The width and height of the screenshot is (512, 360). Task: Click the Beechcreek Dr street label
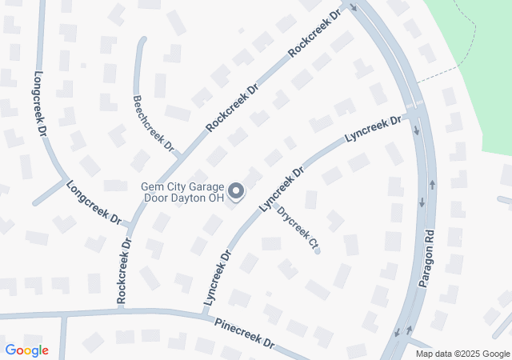point(153,123)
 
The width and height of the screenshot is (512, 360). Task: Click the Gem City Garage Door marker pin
point(236,191)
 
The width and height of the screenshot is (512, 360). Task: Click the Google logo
point(26,350)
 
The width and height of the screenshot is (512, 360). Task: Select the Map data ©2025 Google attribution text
point(462,354)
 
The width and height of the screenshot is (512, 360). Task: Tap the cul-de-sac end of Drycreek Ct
point(318,251)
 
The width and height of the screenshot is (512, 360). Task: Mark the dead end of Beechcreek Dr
point(143,40)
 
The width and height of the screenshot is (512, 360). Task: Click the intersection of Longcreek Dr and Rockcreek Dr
point(130,225)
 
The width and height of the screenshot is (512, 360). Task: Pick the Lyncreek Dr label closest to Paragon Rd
point(373,130)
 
